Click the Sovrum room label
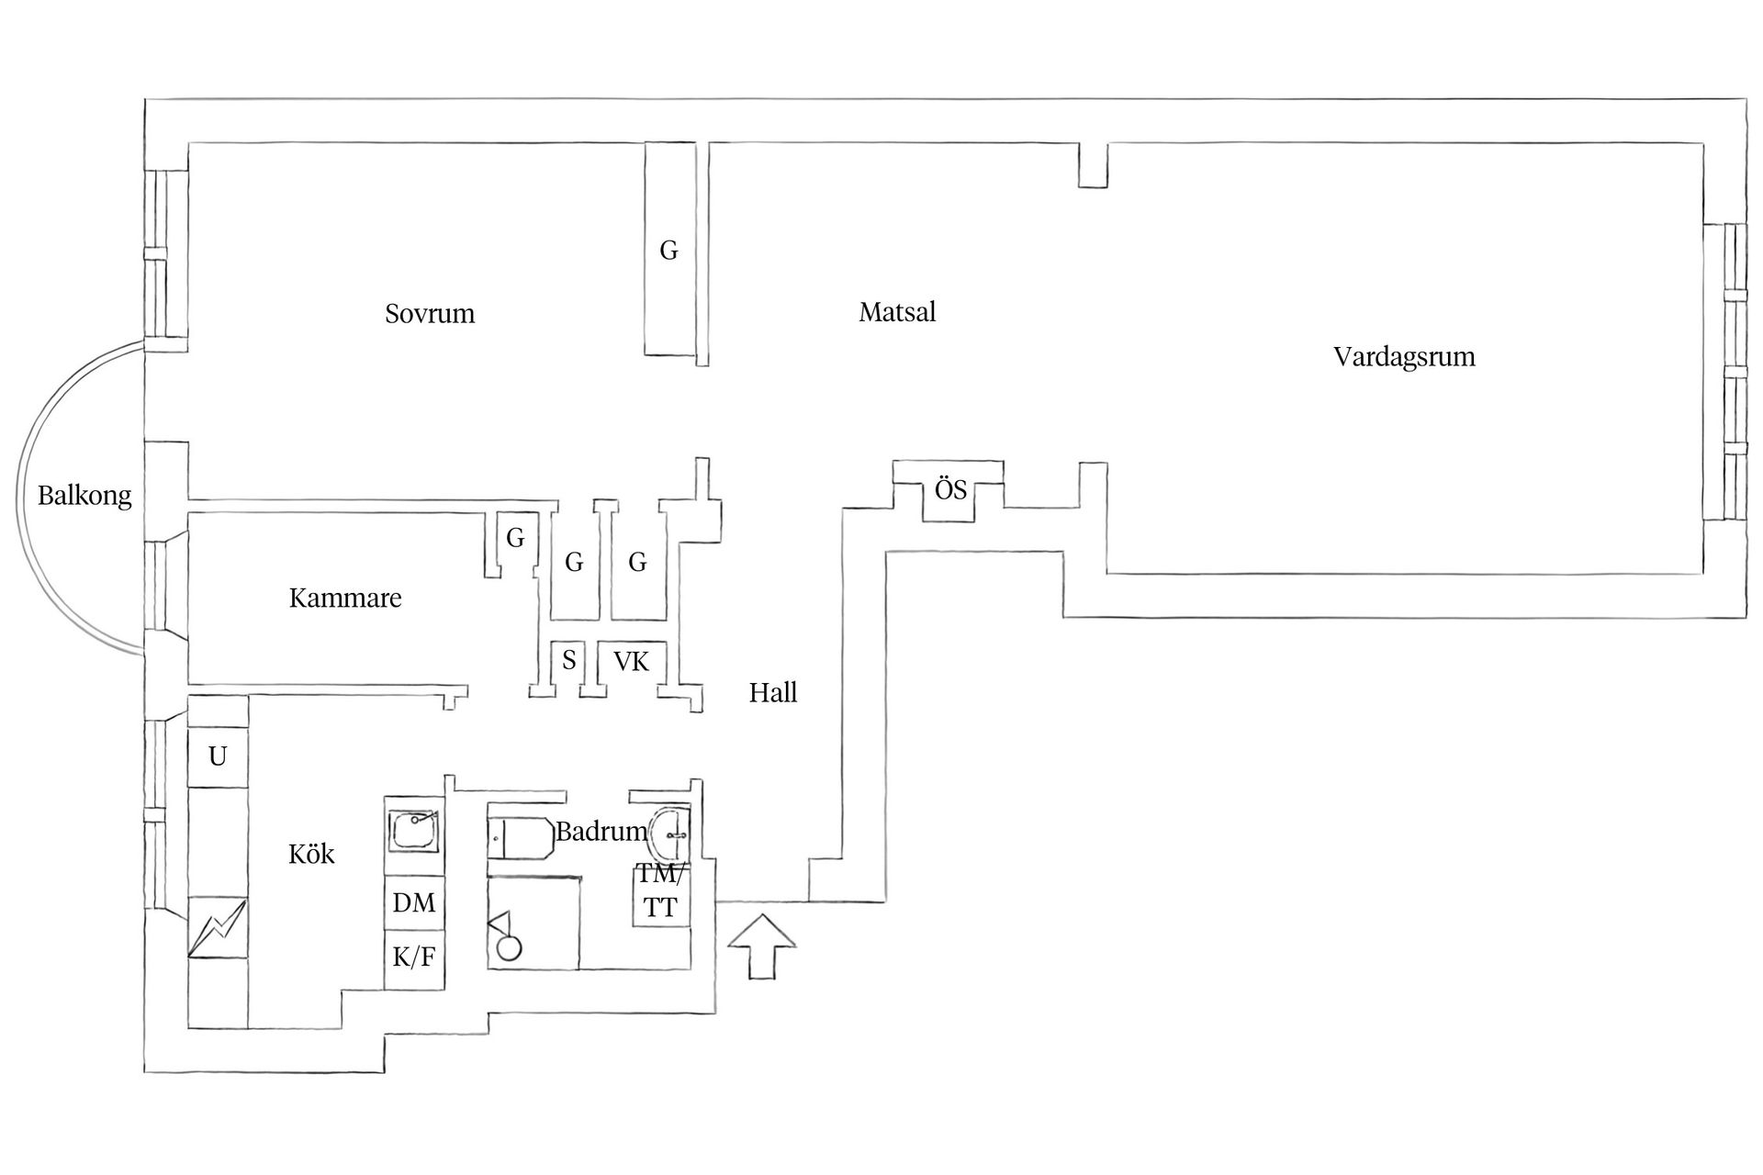pos(430,314)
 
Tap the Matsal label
pos(897,312)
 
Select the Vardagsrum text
pos(1404,356)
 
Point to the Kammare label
pos(345,599)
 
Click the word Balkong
pos(84,496)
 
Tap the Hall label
pos(773,692)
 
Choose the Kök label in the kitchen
pos(311,854)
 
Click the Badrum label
pos(601,832)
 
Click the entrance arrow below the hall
pos(761,946)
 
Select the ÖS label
pos(950,488)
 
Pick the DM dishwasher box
pos(414,902)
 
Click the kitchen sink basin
pos(414,832)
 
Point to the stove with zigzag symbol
pos(218,927)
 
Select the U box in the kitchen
pos(218,756)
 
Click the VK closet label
pos(631,662)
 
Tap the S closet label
pos(569,660)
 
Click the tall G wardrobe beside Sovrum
pos(669,249)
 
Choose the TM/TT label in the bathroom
pos(660,890)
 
